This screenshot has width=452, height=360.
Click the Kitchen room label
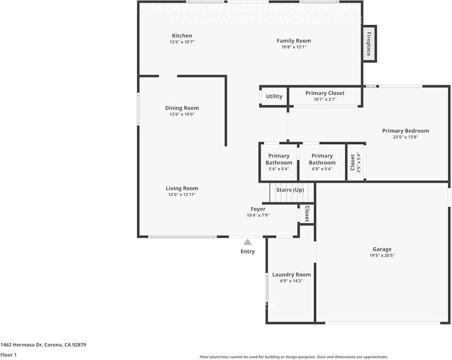[182, 36]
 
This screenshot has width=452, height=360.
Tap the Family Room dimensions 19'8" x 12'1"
[294, 47]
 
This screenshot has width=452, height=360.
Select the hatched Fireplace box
[369, 44]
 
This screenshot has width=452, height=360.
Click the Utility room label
[274, 96]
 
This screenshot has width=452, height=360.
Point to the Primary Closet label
[325, 93]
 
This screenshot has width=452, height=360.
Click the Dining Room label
[182, 108]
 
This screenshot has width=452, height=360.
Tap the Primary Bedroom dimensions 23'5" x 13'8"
[405, 137]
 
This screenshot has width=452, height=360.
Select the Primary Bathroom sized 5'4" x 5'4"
[279, 162]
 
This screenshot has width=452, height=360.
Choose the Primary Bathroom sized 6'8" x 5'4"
[322, 162]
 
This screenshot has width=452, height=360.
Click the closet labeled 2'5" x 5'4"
[355, 162]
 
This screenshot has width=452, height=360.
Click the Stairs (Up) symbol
[291, 193]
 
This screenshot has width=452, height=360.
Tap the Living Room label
[182, 188]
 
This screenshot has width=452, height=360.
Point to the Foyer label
[258, 209]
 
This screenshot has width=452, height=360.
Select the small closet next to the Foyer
[307, 214]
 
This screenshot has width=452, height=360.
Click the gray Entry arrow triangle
[248, 242]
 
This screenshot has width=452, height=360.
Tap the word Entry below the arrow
[248, 251]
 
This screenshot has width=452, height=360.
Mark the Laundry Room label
[291, 275]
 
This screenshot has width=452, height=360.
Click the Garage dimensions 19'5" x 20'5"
[382, 256]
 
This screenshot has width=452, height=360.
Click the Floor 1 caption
[8, 355]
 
